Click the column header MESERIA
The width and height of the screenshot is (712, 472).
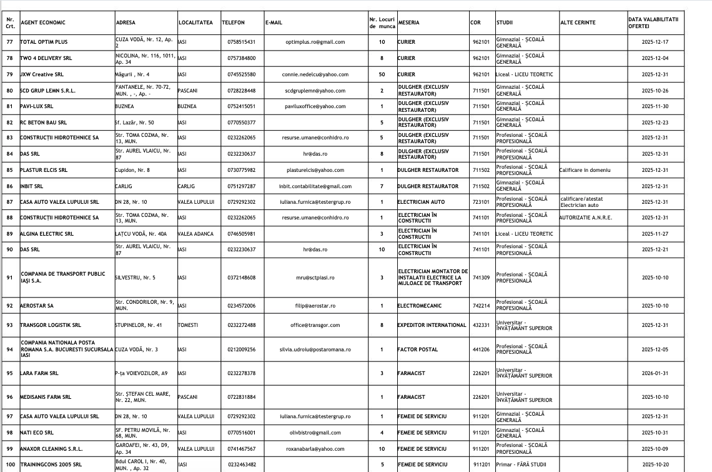coord(408,23)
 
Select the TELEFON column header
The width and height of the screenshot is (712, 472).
coord(233,23)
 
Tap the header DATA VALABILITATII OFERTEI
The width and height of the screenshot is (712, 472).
coord(653,23)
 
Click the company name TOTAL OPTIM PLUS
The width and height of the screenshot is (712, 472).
coord(44,42)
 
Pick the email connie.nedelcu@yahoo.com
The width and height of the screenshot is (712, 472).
coord(315,74)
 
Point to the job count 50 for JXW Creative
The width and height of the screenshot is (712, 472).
coord(382,74)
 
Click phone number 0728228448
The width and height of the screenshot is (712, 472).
coord(242,91)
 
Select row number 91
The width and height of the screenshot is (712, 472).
coord(9,278)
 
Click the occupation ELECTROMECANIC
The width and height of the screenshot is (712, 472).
coord(419,306)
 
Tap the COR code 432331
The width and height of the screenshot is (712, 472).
coord(481,325)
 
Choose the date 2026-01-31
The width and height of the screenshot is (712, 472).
coord(655,373)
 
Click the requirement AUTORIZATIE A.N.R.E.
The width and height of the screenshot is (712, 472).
coord(586,218)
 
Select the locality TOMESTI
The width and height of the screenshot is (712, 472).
coord(188,325)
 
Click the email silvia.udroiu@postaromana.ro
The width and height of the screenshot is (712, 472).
coord(315,349)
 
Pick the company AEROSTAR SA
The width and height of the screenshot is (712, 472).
coord(37,306)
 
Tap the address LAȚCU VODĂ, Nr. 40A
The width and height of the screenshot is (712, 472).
coord(141,234)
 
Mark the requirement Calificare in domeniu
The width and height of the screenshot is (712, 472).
coord(585,170)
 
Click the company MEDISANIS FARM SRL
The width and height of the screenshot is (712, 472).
coord(46,397)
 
